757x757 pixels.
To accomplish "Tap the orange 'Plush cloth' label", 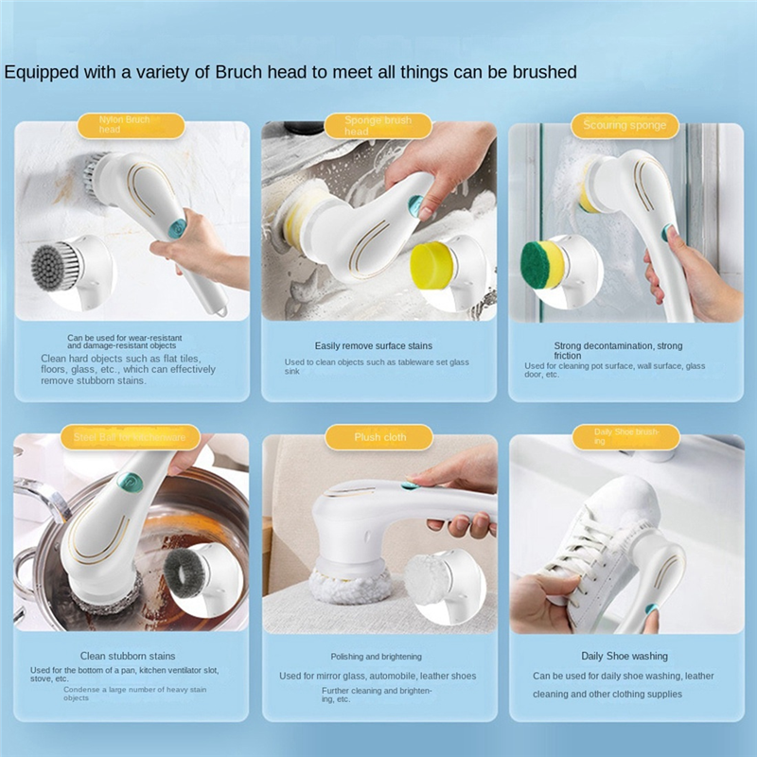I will [x=378, y=437].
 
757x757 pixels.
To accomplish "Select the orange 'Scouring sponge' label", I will [x=625, y=126].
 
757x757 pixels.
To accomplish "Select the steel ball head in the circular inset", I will [x=187, y=570].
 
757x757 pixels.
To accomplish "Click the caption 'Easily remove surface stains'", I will [x=378, y=346].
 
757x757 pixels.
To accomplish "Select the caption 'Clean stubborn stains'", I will [x=128, y=656].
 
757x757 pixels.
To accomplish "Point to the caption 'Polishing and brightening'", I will [x=377, y=657].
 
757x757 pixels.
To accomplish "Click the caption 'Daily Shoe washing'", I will [x=624, y=656].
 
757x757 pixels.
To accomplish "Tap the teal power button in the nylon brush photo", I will [x=178, y=227].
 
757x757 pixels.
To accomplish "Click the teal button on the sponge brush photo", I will [x=414, y=203].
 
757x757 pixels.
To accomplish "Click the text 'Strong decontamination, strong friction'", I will [x=617, y=350].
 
